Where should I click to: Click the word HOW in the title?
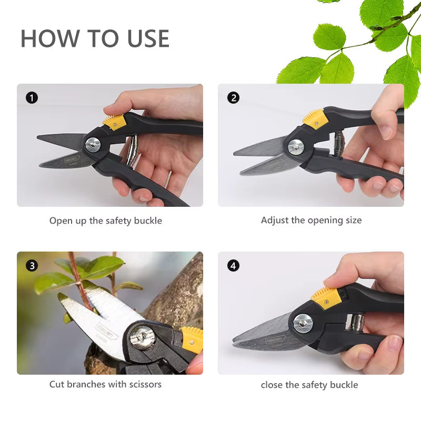coord(50,38)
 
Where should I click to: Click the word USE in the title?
coord(148,38)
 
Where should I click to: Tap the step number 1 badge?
coord(32,98)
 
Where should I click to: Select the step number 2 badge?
coord(233,98)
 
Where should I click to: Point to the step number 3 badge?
coord(32,266)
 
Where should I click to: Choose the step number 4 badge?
coord(233,266)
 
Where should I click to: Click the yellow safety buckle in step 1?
coord(114,122)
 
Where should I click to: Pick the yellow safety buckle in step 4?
coord(326,297)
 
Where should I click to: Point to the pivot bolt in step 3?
coord(143,337)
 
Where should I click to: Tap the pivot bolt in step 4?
coord(303,324)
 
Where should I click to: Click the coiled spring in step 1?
coord(133,151)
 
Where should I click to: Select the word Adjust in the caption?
coord(275,220)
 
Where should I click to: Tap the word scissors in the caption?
coord(145,384)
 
